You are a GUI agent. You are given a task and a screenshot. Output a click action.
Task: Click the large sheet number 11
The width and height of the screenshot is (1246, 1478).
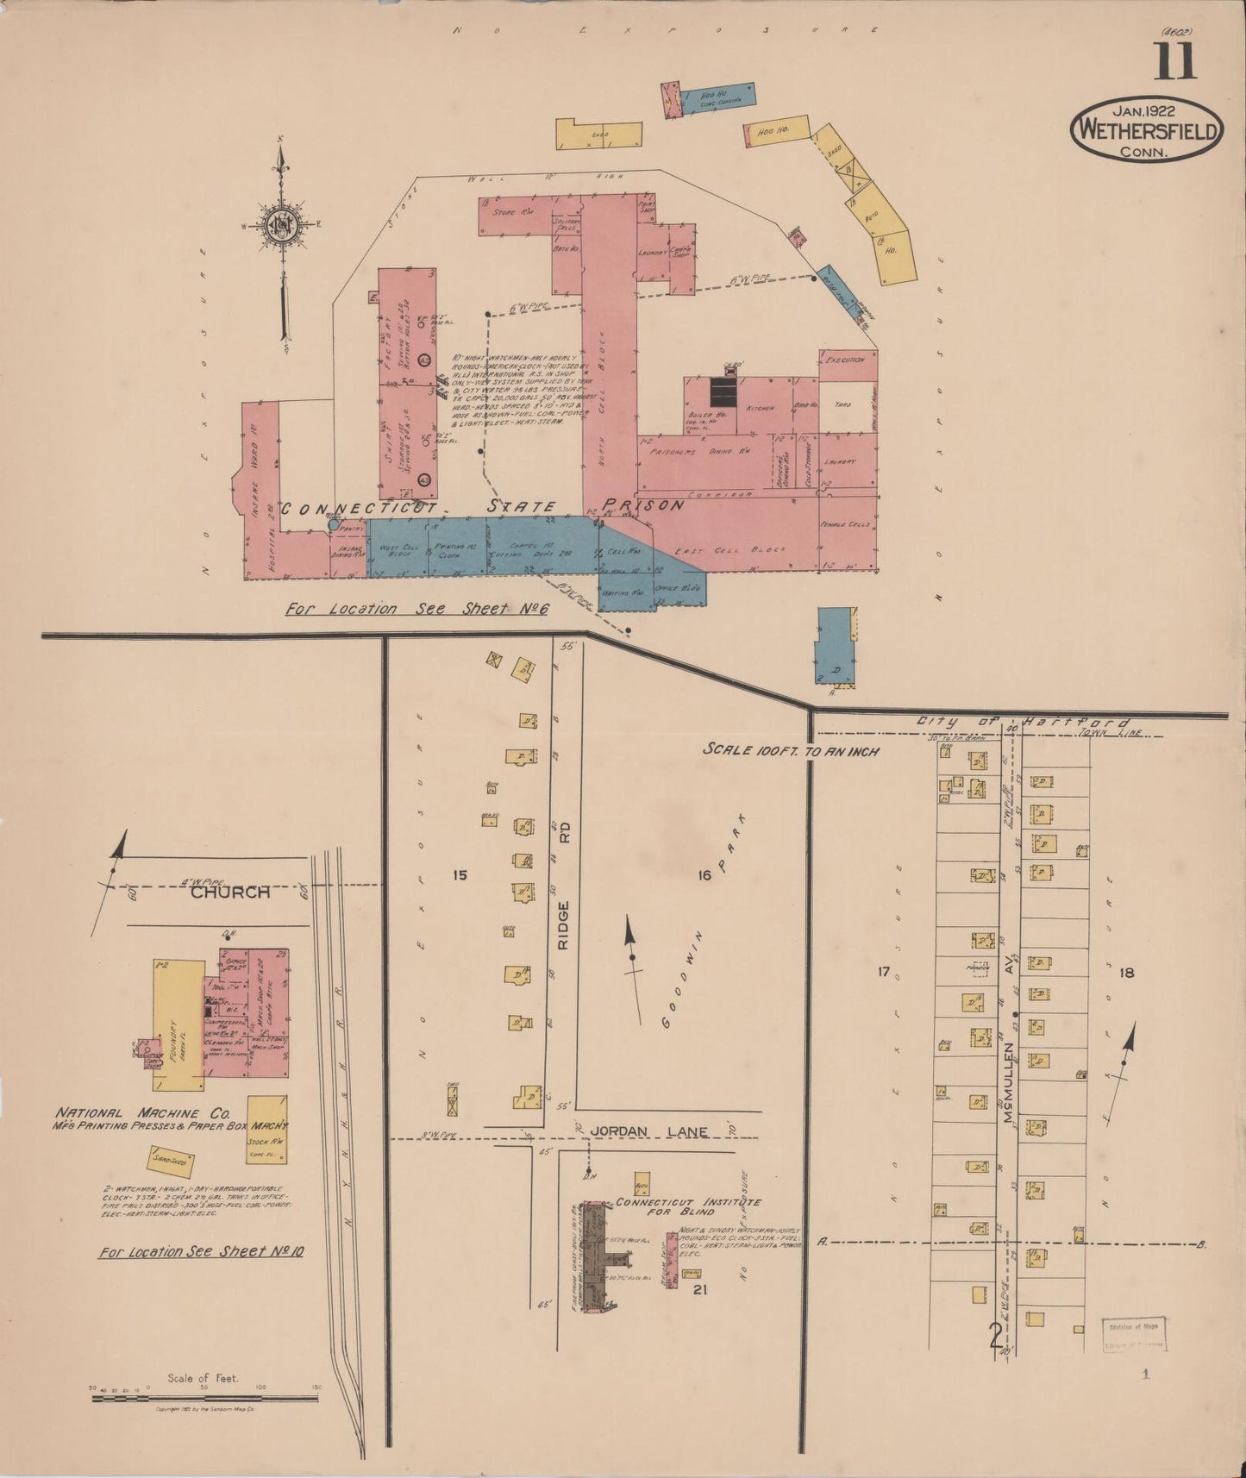coord(1175,60)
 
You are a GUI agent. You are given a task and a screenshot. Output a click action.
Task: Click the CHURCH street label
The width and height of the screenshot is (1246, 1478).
coord(229,892)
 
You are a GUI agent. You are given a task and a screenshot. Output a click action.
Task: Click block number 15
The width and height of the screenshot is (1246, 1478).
coord(459,875)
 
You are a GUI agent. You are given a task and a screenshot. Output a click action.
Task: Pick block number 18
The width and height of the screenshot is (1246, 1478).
coord(1125,973)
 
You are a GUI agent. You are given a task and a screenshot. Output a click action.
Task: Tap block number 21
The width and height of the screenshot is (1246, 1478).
coord(699,1290)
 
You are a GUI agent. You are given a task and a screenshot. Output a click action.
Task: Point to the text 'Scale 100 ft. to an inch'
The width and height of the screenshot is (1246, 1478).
coord(791,750)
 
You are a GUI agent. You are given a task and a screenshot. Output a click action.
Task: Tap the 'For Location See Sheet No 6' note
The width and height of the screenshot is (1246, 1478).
coord(418,609)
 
